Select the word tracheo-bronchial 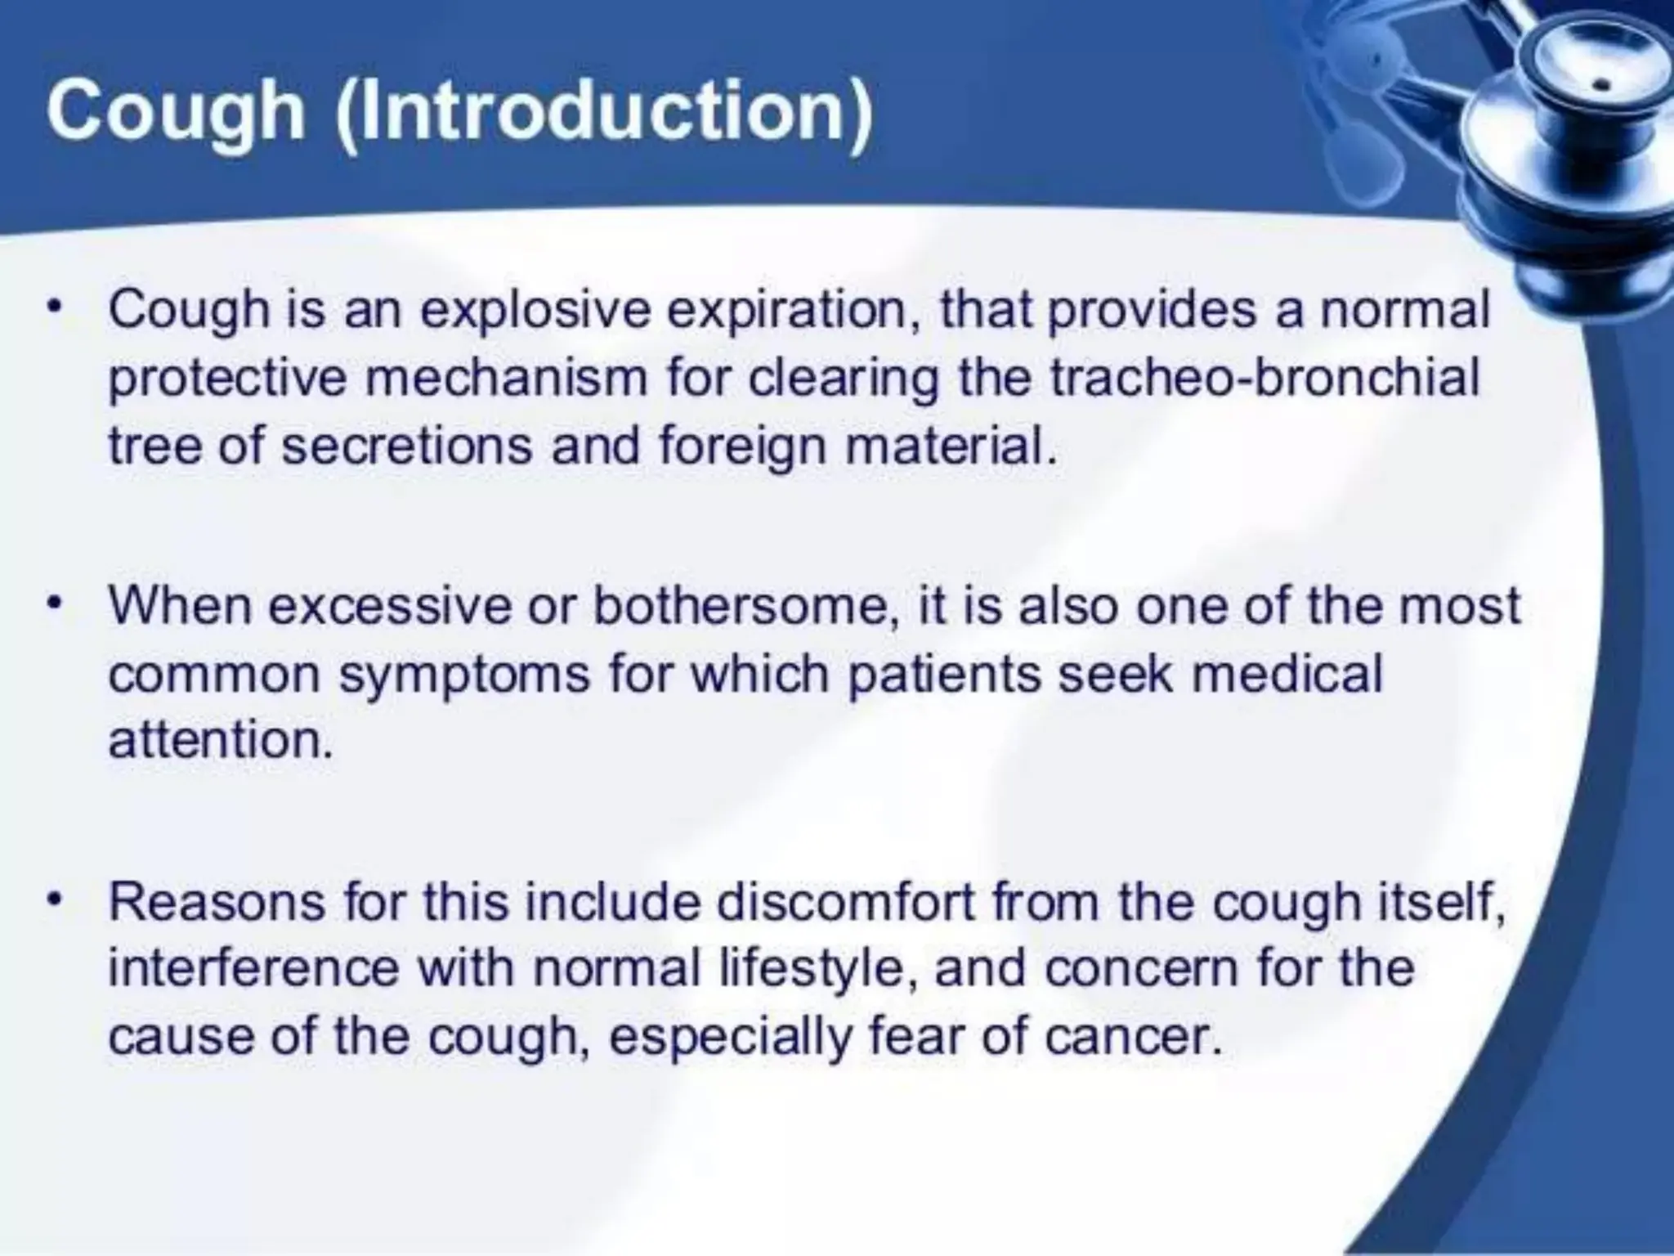tap(1264, 379)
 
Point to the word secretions tap(406, 446)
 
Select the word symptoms tap(463, 675)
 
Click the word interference tap(254, 969)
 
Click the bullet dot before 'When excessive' tap(55, 605)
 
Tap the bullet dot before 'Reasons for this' tap(55, 901)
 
